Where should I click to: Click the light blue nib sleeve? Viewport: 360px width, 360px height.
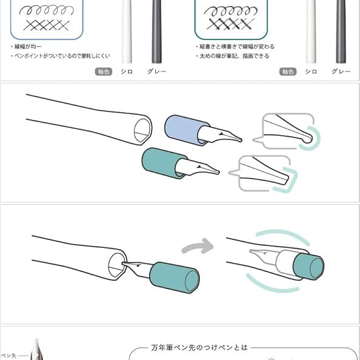click(184, 130)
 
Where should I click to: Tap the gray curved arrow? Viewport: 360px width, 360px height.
click(198, 246)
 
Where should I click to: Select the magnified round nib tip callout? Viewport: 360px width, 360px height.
click(287, 132)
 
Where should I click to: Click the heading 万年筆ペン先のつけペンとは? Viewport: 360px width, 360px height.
click(199, 348)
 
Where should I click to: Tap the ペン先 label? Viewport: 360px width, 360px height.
click(8, 356)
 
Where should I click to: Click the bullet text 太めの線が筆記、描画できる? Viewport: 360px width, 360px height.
click(234, 56)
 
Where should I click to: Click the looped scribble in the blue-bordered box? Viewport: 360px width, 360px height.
click(47, 10)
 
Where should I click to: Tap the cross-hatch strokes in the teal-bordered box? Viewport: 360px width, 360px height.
click(231, 24)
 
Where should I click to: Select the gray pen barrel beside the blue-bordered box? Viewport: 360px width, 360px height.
click(156, 32)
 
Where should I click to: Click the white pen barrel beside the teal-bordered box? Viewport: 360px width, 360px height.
click(311, 32)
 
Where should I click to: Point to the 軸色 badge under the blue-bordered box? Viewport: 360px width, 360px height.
click(104, 72)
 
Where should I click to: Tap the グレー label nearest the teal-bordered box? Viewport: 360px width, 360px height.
click(341, 72)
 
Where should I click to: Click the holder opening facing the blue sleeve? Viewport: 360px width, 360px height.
click(143, 130)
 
